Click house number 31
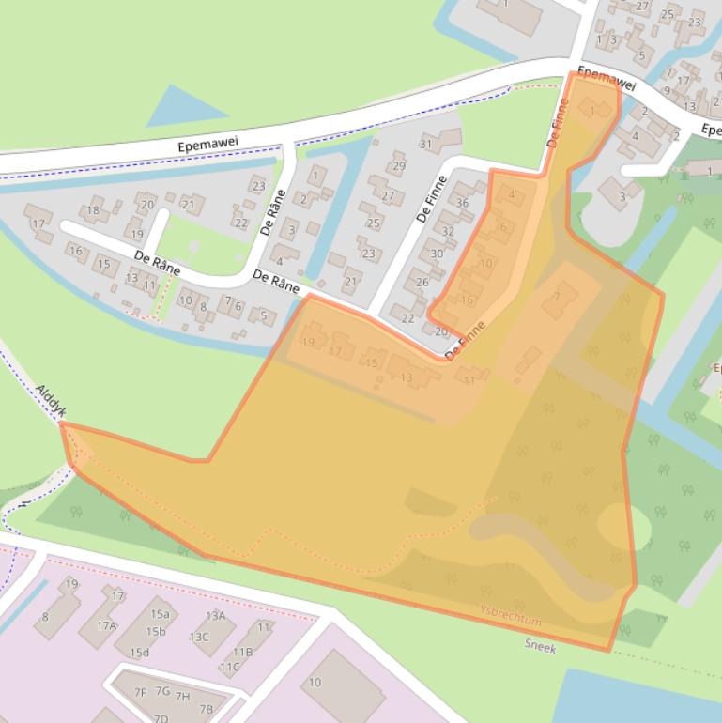point(426,144)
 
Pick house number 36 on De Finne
point(462,203)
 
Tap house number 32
point(448,231)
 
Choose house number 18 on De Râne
point(93,210)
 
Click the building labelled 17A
point(106,625)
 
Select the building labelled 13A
point(216,616)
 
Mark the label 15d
point(140,653)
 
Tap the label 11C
point(229,667)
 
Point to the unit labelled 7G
point(162,691)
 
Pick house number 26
point(422,282)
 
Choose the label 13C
point(199,636)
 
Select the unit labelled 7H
point(182,696)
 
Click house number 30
point(437,254)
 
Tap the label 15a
point(160,614)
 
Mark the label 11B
point(242,652)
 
